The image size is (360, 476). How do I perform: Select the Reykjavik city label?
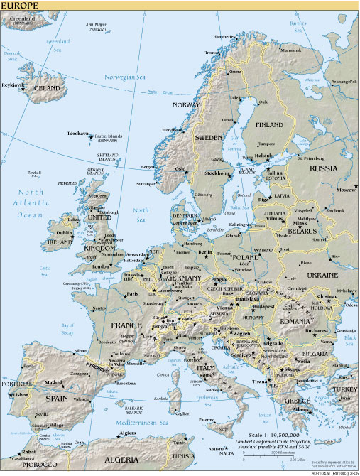(x=13, y=85)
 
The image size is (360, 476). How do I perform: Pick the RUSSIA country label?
(x=323, y=168)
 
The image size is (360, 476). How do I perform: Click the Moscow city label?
(x=347, y=190)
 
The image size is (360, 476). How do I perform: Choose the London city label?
(x=101, y=266)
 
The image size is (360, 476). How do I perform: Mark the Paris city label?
(x=131, y=293)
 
